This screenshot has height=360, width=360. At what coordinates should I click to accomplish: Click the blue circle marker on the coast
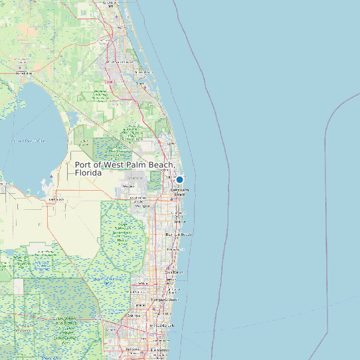[x=179, y=179]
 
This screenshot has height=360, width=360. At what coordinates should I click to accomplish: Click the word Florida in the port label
[x=88, y=173]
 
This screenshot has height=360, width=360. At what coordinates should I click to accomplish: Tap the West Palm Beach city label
[x=180, y=191]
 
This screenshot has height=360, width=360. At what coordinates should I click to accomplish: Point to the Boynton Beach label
[x=178, y=234]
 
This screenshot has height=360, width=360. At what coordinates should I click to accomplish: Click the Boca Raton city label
[x=173, y=272]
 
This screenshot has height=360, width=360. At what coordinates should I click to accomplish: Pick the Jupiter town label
[x=171, y=143]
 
